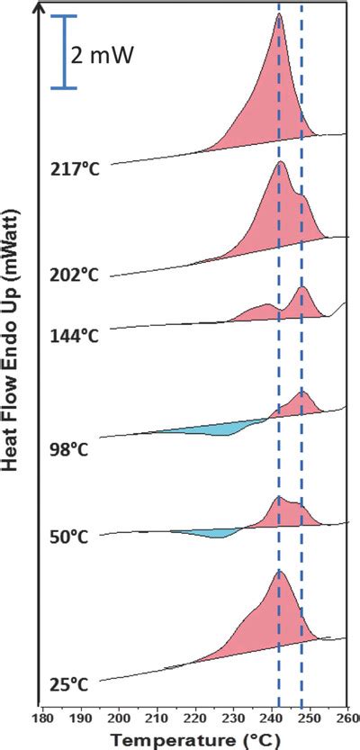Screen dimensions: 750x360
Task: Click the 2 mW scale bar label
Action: pyautogui.click(x=103, y=57)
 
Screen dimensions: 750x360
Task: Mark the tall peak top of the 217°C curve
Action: pyautogui.click(x=278, y=17)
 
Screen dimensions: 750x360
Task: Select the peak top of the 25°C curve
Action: pyautogui.click(x=280, y=572)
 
